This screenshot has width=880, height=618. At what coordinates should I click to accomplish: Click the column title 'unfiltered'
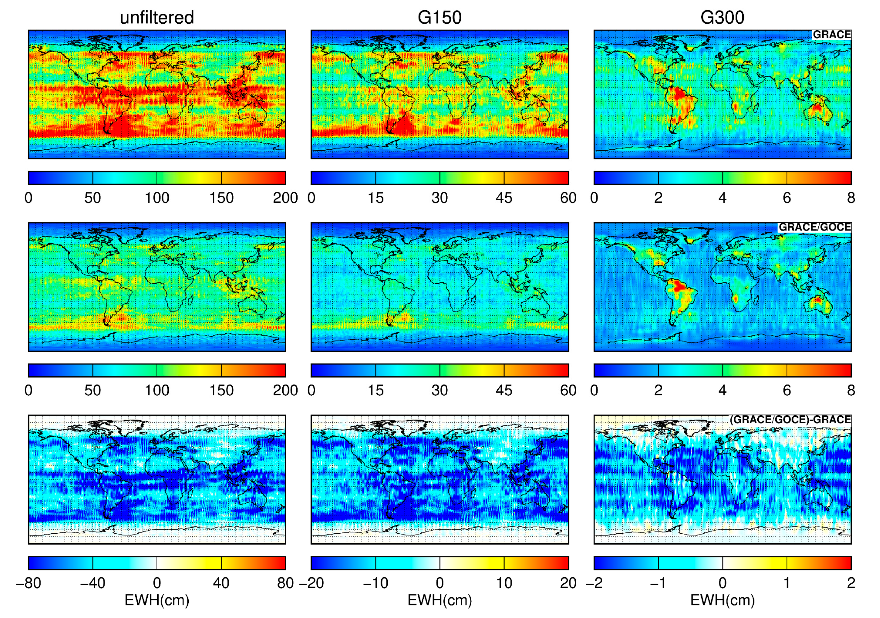click(x=157, y=18)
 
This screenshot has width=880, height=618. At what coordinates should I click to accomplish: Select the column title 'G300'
click(x=722, y=18)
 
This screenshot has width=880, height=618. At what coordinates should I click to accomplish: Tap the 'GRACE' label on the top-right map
click(x=831, y=35)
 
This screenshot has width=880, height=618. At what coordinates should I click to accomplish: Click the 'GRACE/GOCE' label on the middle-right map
click(x=814, y=227)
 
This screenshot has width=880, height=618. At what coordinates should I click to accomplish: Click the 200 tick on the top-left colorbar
click(x=285, y=198)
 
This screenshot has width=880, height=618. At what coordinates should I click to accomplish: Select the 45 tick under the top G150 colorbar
click(x=504, y=198)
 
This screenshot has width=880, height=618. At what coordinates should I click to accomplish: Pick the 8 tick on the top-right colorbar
click(x=851, y=198)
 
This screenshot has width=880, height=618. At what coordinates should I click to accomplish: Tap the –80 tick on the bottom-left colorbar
click(x=28, y=583)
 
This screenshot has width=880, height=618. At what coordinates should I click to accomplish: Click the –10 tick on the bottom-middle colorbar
click(x=375, y=583)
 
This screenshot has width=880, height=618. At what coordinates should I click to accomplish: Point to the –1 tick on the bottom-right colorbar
click(x=658, y=583)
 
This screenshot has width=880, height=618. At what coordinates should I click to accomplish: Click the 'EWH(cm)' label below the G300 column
click(x=722, y=600)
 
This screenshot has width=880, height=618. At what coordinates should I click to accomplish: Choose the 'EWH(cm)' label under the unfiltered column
click(x=157, y=600)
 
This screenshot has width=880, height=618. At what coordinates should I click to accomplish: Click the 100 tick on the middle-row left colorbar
click(x=157, y=391)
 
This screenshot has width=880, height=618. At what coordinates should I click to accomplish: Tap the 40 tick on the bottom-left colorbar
click(x=221, y=583)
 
